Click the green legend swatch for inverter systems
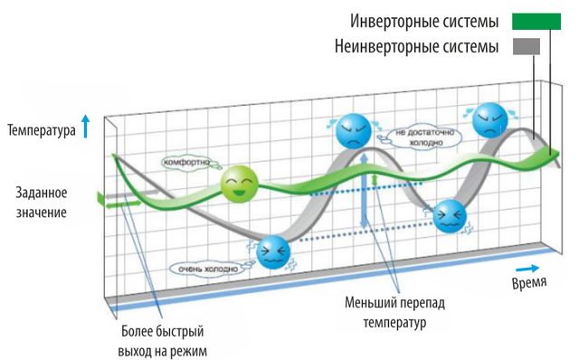[x=536, y=22]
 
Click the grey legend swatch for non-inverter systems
[x=527, y=46]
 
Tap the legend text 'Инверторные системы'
[x=424, y=22]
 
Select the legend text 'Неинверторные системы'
[x=416, y=46]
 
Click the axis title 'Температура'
[x=42, y=130]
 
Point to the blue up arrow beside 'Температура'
[x=86, y=127]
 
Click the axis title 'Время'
[x=528, y=282]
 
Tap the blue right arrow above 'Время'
[x=527, y=269]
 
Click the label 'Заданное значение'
[x=42, y=203]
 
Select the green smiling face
[x=239, y=184]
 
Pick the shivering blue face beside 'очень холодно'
[x=273, y=252]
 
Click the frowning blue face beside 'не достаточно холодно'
[x=354, y=131]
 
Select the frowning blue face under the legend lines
[x=490, y=120]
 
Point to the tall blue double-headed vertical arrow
[x=364, y=191]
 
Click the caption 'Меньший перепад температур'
[x=394, y=312]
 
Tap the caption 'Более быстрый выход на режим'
[x=163, y=341]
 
